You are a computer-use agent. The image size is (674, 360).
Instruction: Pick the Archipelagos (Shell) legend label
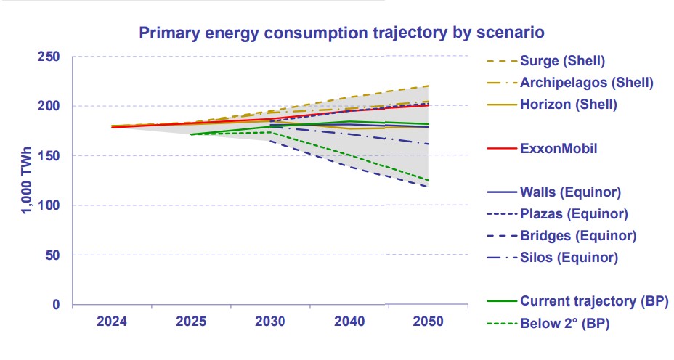click(586, 82)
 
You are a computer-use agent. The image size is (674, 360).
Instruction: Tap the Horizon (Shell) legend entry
click(568, 105)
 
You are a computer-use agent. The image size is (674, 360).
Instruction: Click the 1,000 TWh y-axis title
click(25, 181)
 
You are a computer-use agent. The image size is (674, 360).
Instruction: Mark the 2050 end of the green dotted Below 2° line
click(429, 181)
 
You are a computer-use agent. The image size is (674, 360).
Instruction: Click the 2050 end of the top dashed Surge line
click(429, 86)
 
